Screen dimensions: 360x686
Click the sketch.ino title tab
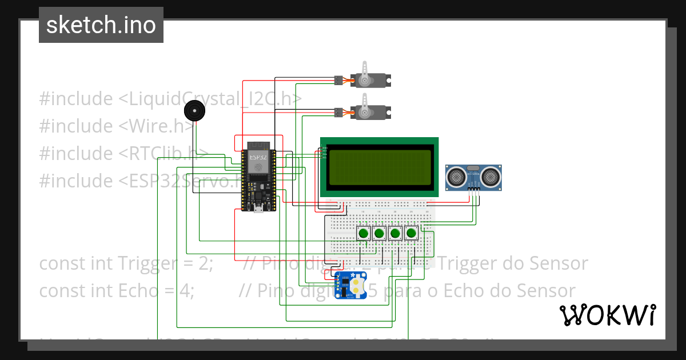coord(101,25)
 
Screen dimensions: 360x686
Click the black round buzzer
coord(195,110)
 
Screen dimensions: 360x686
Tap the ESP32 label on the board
coord(258,157)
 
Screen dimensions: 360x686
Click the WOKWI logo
coord(607,315)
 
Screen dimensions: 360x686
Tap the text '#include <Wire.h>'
coord(117,126)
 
